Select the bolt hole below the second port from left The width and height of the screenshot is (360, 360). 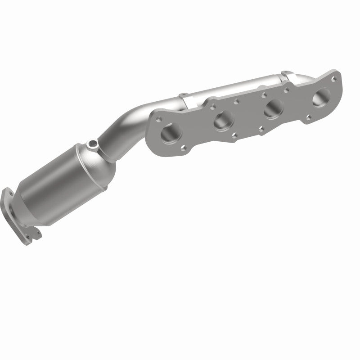pyautogui.click(x=234, y=135)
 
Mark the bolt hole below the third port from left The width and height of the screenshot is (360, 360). pyautogui.click(x=262, y=131)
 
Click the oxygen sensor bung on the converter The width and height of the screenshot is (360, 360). pyautogui.click(x=93, y=144)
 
